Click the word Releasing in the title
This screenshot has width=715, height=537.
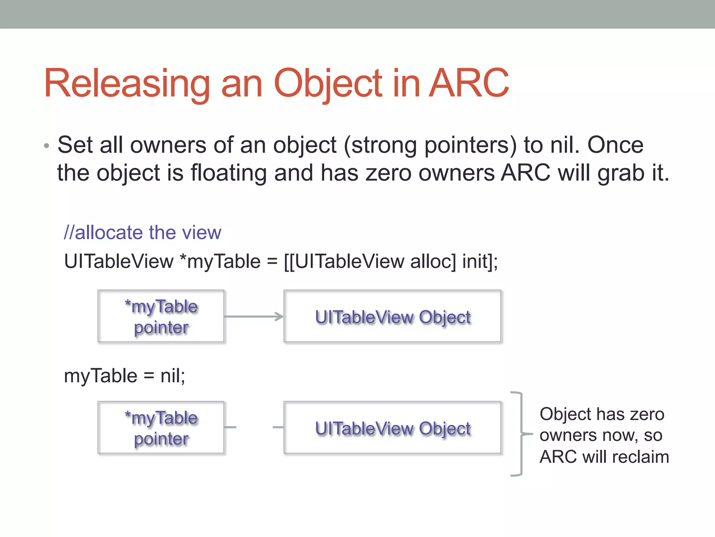click(126, 84)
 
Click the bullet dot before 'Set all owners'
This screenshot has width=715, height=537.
click(47, 146)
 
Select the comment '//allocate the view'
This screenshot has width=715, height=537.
click(142, 232)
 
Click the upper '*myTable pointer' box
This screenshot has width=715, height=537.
click(161, 316)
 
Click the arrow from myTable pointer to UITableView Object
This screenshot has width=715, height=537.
click(253, 316)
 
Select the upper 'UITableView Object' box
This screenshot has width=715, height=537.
click(392, 316)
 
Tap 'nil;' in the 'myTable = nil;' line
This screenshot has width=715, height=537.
click(173, 376)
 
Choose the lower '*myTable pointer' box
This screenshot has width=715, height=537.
click(161, 427)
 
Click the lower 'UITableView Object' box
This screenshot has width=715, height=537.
click(392, 427)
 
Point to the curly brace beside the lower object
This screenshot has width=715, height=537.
click(521, 434)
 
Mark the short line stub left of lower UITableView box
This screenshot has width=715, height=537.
click(278, 427)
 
